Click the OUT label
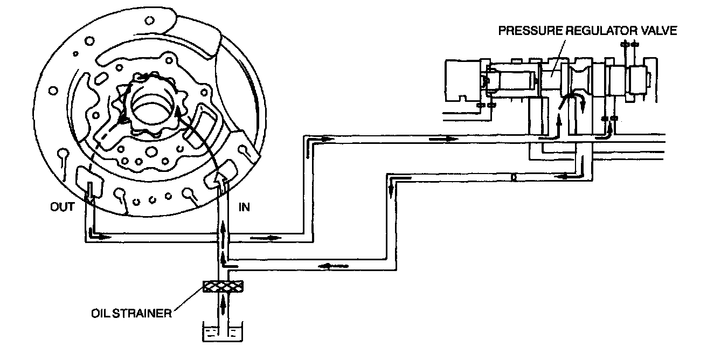click(x=63, y=207)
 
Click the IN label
click(x=244, y=207)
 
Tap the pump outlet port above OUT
click(x=86, y=178)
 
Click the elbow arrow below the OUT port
click(x=94, y=235)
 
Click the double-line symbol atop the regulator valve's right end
click(x=629, y=44)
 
